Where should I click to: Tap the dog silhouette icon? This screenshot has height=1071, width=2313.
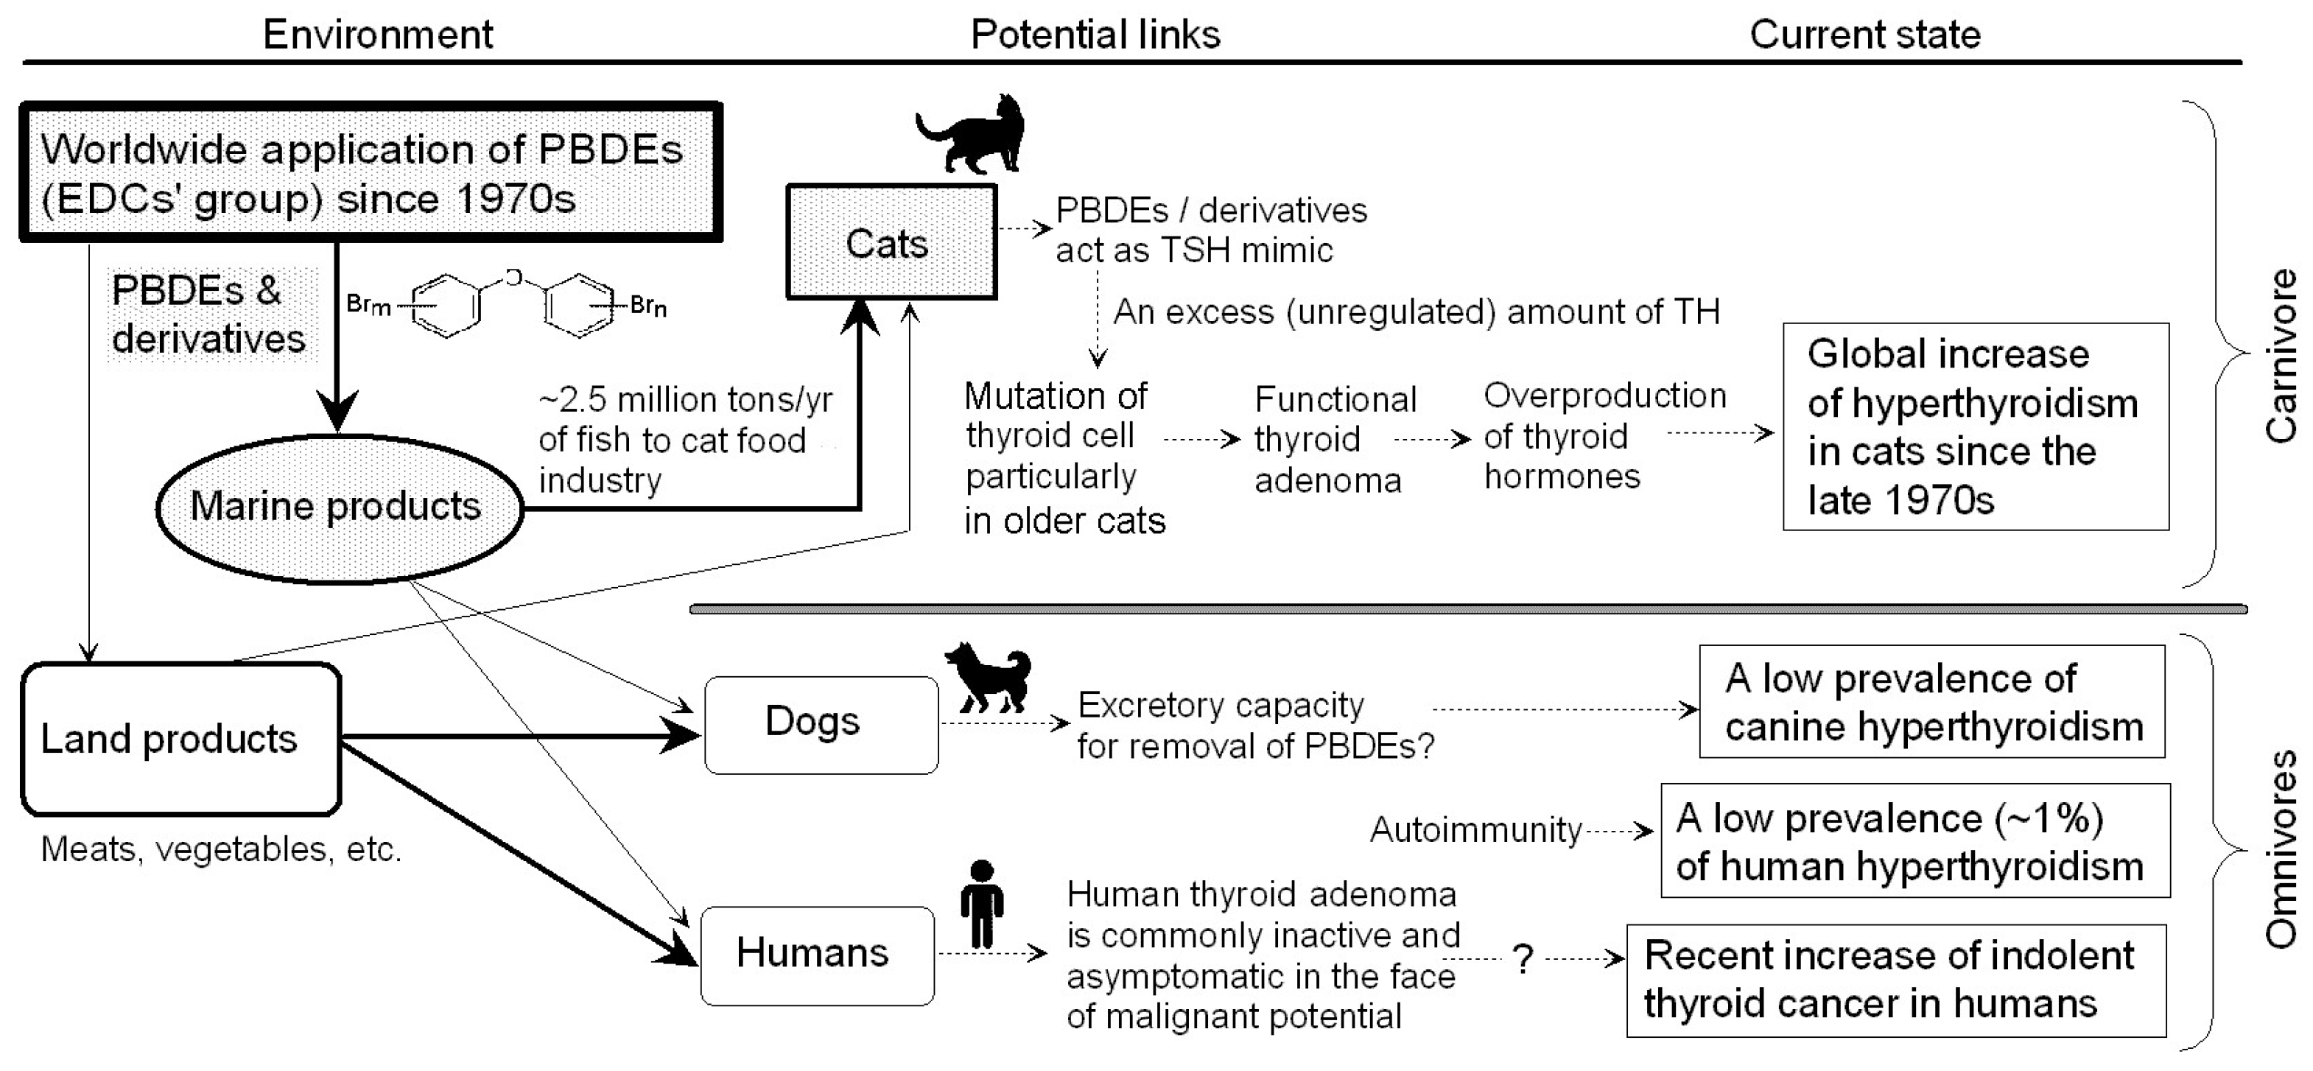pyautogui.click(x=988, y=678)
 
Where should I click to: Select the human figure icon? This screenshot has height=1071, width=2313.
pyautogui.click(x=983, y=905)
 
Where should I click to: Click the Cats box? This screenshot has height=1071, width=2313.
pyautogui.click(x=891, y=242)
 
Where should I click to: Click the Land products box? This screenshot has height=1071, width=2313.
pyautogui.click(x=180, y=739)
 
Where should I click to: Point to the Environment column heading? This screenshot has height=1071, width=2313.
pyautogui.click(x=377, y=34)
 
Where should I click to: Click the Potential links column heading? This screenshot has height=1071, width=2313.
pyautogui.click(x=1095, y=34)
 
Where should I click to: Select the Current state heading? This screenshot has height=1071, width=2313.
pyautogui.click(x=1864, y=34)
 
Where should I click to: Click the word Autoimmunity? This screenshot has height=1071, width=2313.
pyautogui.click(x=1475, y=829)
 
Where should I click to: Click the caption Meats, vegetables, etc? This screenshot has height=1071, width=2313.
pyautogui.click(x=221, y=849)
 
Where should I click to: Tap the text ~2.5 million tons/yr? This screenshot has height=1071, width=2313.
pyautogui.click(x=685, y=399)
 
